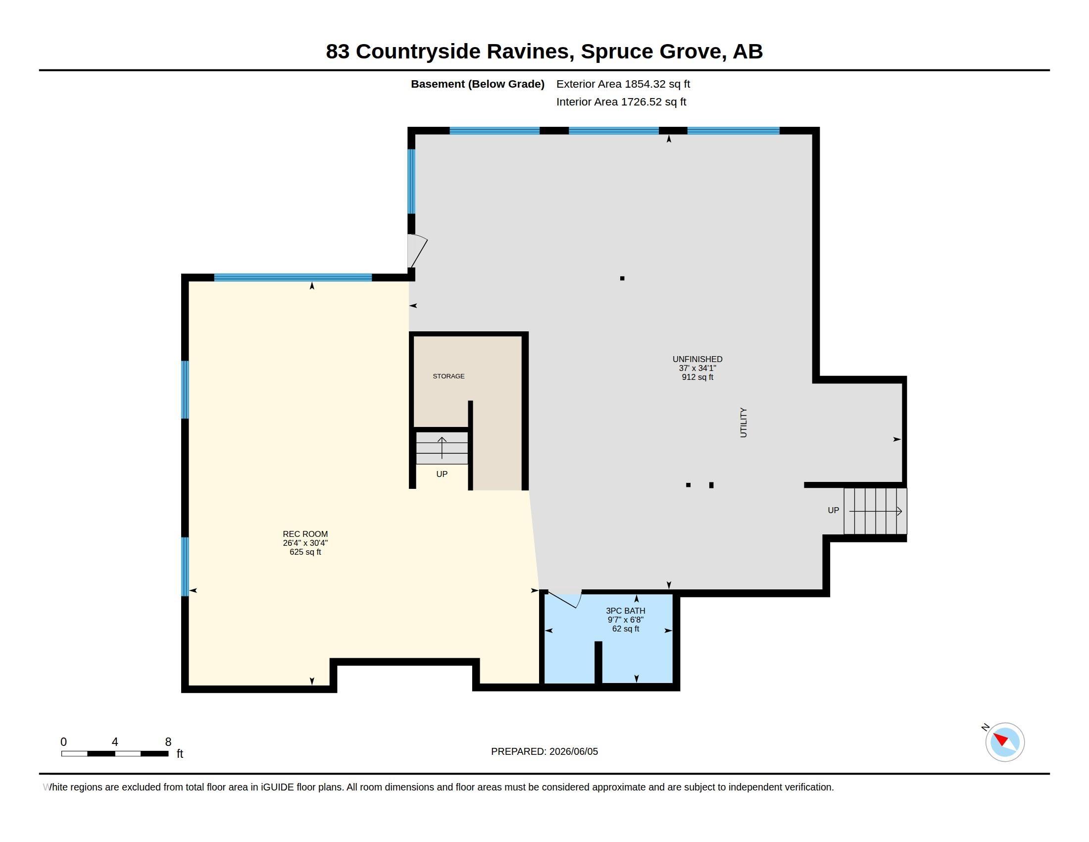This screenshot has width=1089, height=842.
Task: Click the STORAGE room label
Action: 448,376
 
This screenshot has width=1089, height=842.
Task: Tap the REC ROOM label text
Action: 305,534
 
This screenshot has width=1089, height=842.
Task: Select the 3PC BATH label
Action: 625,611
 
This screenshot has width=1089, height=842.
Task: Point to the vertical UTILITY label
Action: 743,422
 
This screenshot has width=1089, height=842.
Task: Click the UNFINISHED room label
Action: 697,359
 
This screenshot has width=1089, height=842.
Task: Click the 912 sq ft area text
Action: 697,377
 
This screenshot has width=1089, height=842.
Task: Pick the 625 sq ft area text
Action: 305,552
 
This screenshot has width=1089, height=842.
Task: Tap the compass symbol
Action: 1004,741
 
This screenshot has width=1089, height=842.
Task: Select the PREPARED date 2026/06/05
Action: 544,751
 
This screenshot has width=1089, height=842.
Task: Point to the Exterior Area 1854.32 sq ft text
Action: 623,84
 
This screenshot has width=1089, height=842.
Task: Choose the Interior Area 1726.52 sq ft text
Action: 621,102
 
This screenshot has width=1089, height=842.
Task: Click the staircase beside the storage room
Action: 442,447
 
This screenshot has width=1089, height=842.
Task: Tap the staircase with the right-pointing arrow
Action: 875,511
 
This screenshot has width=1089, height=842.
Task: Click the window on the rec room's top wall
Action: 293,278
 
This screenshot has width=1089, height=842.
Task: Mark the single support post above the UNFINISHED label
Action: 622,278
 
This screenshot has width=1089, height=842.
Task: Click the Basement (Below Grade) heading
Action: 477,84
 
